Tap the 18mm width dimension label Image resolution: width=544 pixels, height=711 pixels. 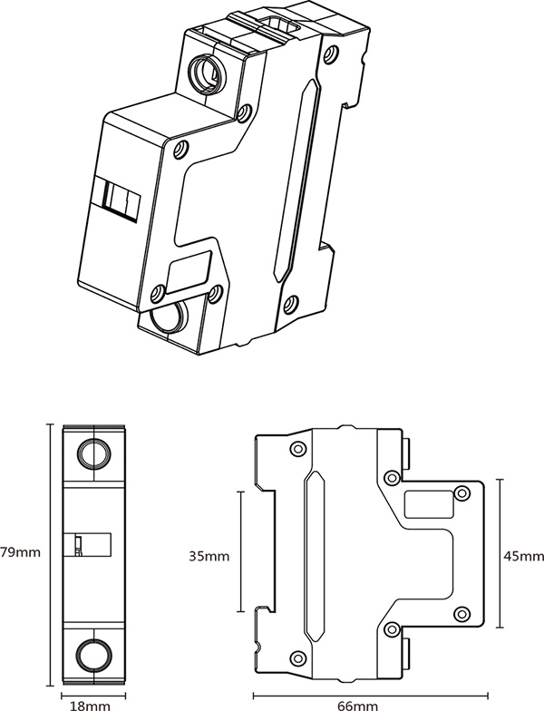[91, 703]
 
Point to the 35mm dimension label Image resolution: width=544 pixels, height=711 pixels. [209, 554]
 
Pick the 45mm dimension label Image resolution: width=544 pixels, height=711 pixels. [524, 554]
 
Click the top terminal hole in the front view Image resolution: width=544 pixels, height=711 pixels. [91, 453]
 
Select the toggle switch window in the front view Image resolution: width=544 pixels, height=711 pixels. [88, 544]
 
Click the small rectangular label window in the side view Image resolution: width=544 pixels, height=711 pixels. [426, 502]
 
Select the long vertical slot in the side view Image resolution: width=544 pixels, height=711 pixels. [314, 553]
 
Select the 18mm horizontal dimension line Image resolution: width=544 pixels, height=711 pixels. [91, 690]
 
